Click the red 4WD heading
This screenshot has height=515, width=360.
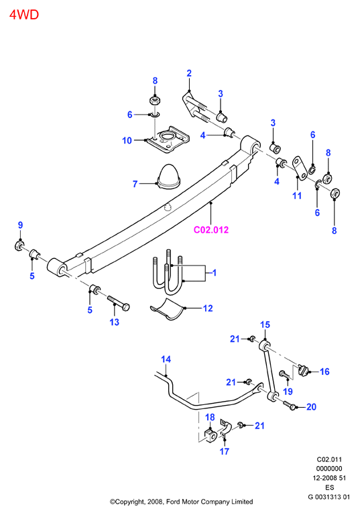tap(24, 15)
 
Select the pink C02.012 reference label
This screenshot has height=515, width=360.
tap(211, 229)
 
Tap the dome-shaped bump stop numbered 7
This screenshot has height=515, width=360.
tap(169, 177)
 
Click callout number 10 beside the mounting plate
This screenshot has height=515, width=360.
tap(127, 141)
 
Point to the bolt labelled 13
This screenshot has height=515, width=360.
tap(118, 304)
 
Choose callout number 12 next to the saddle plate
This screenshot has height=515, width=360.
tap(208, 308)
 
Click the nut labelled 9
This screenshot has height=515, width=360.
tap(20, 245)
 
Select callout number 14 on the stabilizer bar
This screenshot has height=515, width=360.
tap(166, 359)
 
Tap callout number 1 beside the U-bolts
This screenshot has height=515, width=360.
tap(214, 273)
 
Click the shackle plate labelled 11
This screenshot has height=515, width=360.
tap(299, 168)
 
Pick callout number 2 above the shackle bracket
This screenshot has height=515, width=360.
tap(189, 73)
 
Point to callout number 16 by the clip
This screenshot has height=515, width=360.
tap(324, 371)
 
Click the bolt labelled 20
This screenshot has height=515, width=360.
tap(289, 405)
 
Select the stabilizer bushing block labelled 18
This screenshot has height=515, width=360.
tap(211, 435)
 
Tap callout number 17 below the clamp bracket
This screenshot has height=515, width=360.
tap(225, 451)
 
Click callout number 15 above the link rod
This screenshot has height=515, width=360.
tap(265, 325)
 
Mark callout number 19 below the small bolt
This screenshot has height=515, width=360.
tap(288, 391)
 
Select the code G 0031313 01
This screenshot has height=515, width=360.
tap(328, 497)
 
